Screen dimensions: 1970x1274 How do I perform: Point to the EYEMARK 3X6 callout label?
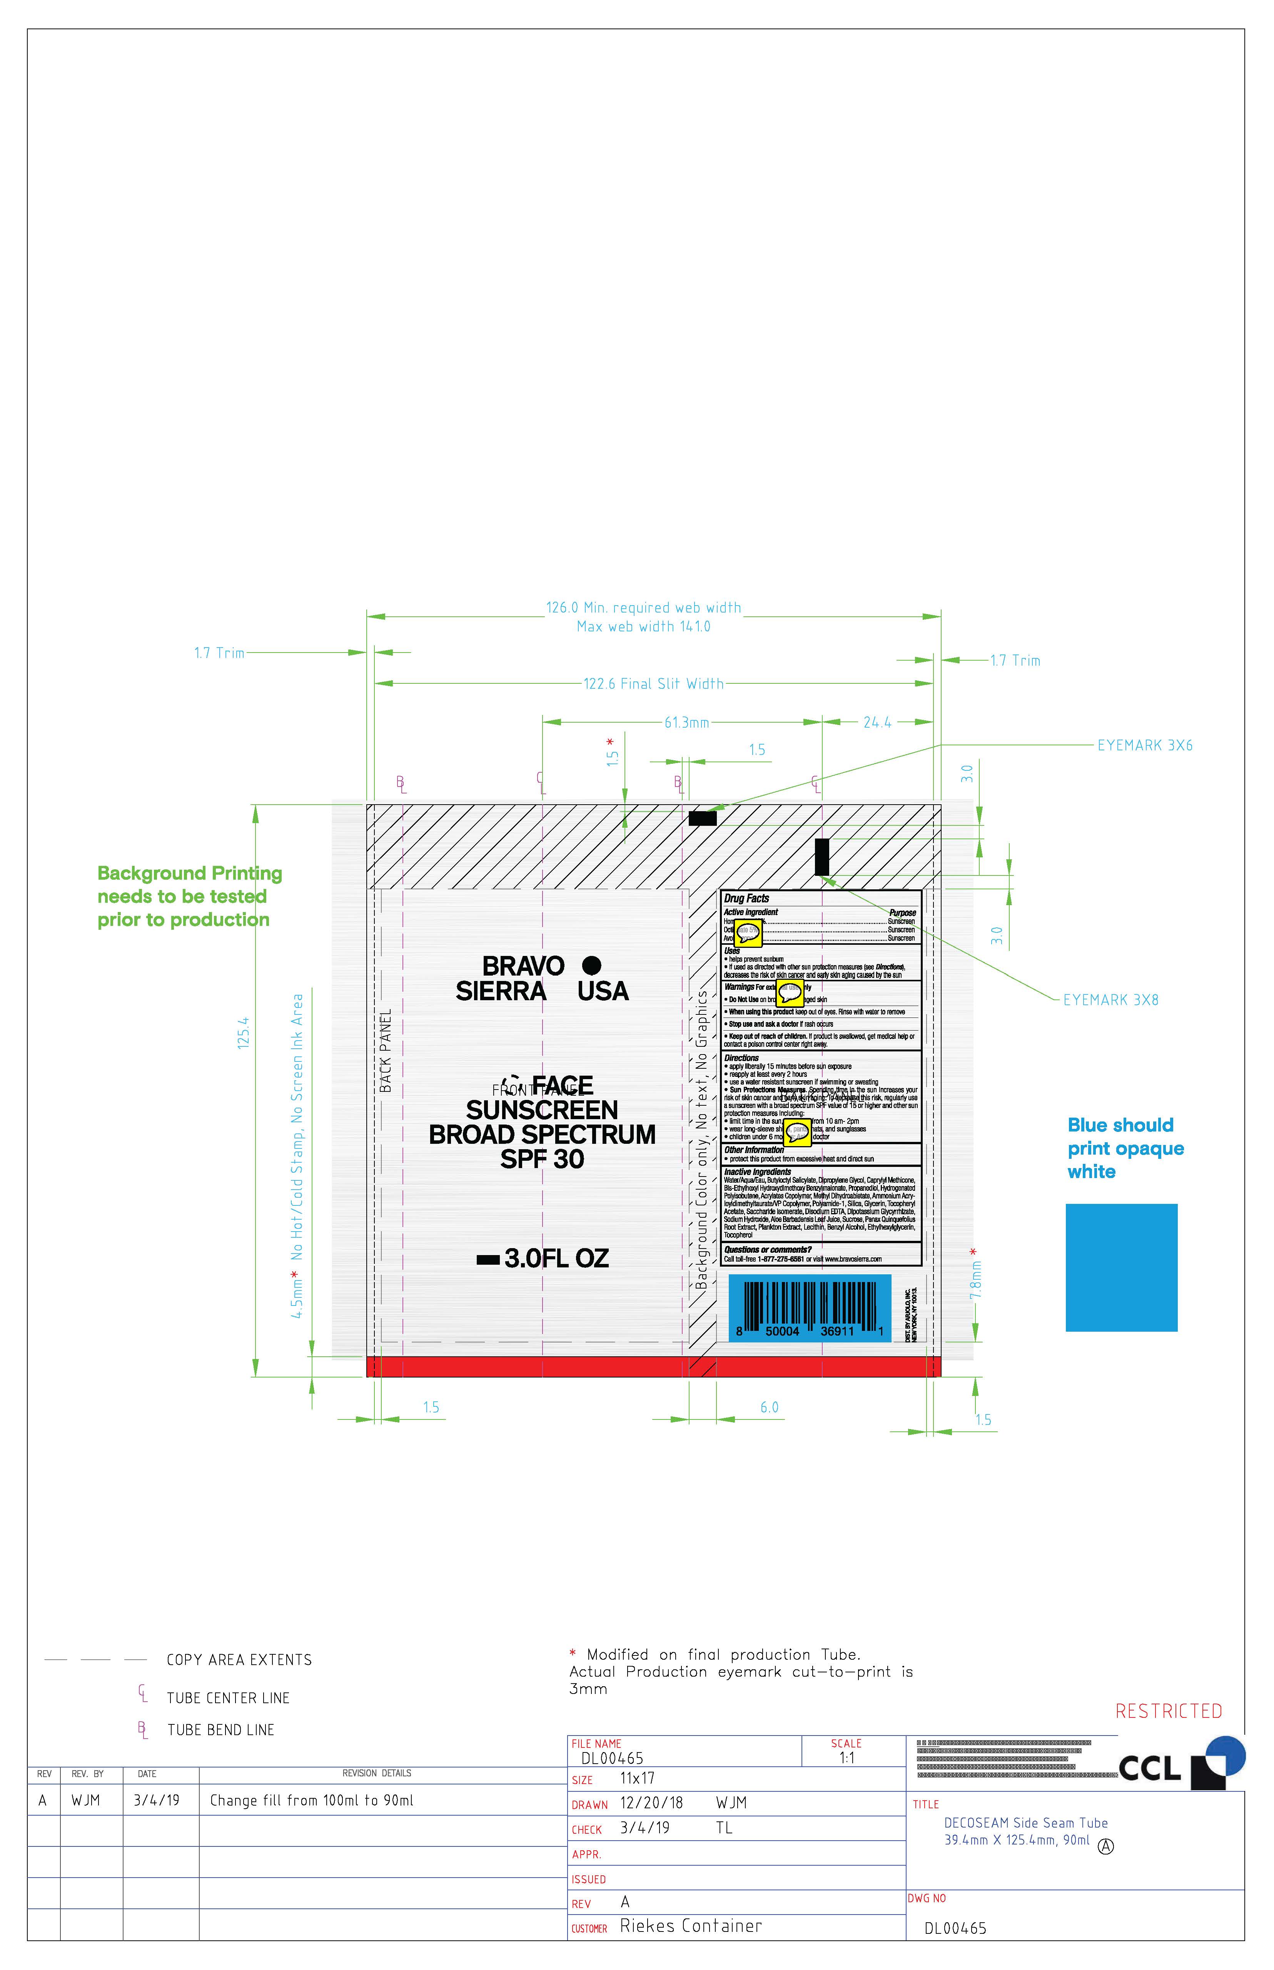click(x=1145, y=745)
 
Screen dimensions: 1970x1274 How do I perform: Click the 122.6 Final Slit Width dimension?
click(x=653, y=684)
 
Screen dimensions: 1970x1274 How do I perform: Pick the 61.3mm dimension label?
click(x=686, y=723)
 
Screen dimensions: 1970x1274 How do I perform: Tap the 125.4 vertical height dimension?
click(x=243, y=1033)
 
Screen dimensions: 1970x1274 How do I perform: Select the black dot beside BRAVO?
click(x=591, y=965)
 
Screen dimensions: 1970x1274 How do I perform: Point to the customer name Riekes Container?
click(x=691, y=1926)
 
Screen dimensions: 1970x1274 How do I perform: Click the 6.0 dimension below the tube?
click(x=770, y=1407)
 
